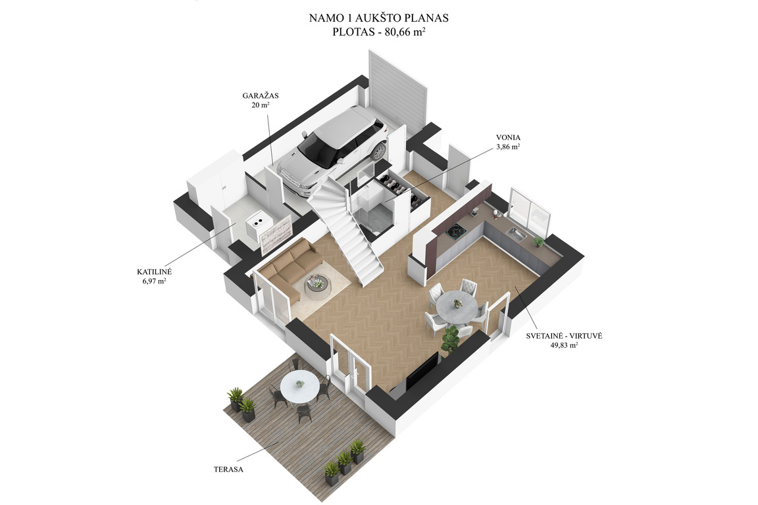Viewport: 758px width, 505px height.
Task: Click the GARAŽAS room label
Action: coord(261,96)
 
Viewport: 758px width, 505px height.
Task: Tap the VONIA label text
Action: coord(508,137)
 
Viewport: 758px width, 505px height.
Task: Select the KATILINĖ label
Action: coord(154,272)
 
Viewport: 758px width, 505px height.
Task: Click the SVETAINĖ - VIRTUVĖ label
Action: coord(564,336)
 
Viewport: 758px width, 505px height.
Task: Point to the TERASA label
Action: coord(228,469)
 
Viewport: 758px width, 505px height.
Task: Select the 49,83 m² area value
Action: coord(564,345)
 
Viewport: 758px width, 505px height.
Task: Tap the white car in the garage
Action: coord(332,151)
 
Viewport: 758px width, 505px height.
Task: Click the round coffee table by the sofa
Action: coord(317,283)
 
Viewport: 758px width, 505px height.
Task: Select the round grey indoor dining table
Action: coord(457,306)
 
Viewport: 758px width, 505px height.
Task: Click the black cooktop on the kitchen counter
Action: coord(456,233)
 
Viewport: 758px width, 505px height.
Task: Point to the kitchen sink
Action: coord(517,234)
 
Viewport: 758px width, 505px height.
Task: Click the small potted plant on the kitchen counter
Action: coord(538,241)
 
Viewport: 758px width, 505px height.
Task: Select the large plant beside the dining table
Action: coord(451,340)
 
